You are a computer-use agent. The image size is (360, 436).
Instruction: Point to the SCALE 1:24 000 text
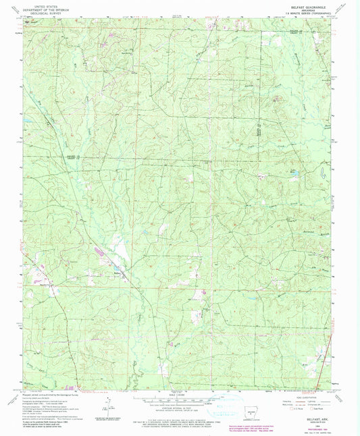pyautogui.click(x=179, y=395)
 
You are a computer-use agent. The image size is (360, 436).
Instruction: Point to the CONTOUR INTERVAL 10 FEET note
pyautogui.click(x=179, y=405)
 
